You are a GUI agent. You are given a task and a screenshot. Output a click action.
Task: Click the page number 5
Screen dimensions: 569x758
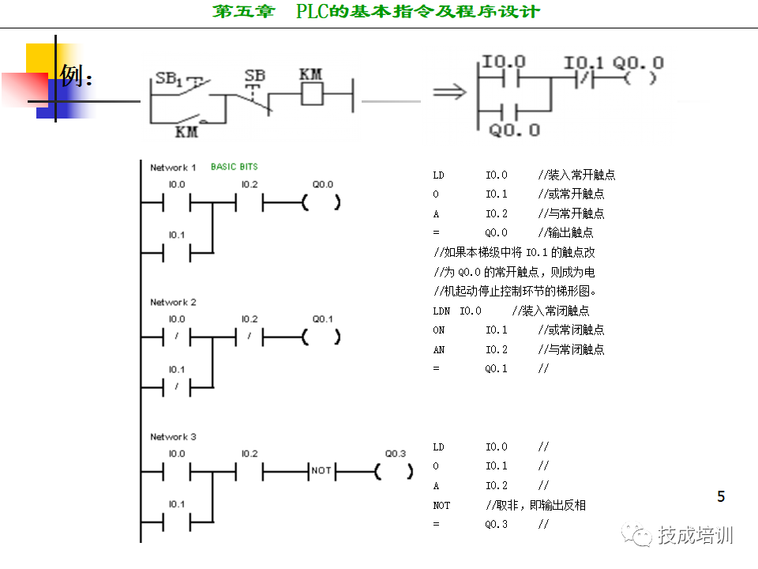[721, 497]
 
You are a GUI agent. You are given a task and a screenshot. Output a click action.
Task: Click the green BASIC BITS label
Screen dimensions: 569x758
[234, 167]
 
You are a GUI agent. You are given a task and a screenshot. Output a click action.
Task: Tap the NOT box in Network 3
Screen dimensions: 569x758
[321, 472]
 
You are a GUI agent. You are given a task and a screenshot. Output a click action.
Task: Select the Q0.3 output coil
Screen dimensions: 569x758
[394, 472]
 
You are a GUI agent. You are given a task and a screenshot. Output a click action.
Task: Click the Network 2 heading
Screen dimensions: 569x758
[173, 302]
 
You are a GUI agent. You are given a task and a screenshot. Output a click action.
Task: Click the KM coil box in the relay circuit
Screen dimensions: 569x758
[312, 95]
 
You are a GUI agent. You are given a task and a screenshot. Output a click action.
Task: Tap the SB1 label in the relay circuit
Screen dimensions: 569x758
[169, 78]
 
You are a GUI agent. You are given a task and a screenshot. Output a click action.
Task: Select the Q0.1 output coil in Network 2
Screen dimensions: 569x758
[321, 337]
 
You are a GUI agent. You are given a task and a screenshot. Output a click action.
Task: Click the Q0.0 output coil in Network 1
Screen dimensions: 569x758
[321, 202]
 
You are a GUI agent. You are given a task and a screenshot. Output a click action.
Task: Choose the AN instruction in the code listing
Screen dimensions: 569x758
[439, 349]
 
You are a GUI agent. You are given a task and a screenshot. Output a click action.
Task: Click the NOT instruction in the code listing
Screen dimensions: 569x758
[441, 505]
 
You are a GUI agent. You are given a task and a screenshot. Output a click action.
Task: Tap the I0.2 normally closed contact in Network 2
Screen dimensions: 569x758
[249, 337]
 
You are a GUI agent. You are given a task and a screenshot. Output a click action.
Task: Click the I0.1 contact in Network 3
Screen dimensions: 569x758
[177, 522]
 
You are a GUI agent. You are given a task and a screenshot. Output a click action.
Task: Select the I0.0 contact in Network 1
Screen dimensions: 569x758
[177, 202]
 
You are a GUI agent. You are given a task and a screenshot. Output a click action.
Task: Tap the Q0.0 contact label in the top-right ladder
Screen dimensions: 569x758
[514, 130]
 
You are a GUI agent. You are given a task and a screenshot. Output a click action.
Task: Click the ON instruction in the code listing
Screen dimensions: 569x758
[439, 330]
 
